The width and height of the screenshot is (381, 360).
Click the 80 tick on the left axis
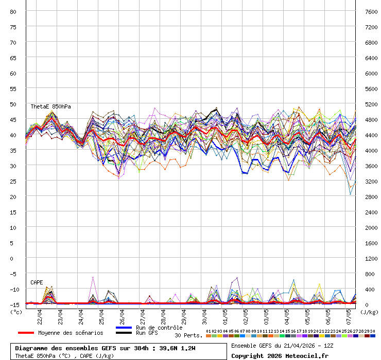coord(13,11)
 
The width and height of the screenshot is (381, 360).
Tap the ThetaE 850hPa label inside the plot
coord(50,106)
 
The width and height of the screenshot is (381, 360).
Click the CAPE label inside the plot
coord(37,282)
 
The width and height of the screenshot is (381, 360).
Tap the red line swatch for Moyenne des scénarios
coord(26,333)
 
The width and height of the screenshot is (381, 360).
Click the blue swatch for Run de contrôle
coord(124,328)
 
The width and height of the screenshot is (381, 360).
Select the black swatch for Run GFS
coord(124,333)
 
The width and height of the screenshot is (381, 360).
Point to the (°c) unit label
coord(16,312)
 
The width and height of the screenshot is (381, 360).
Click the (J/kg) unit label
coord(369,312)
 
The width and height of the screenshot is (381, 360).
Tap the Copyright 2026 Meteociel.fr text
coord(280,355)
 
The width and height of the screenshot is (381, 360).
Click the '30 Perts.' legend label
coord(188,335)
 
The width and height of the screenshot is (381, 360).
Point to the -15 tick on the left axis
coord(13,304)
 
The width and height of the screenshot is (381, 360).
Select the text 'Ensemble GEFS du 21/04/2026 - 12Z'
coord(282,345)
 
